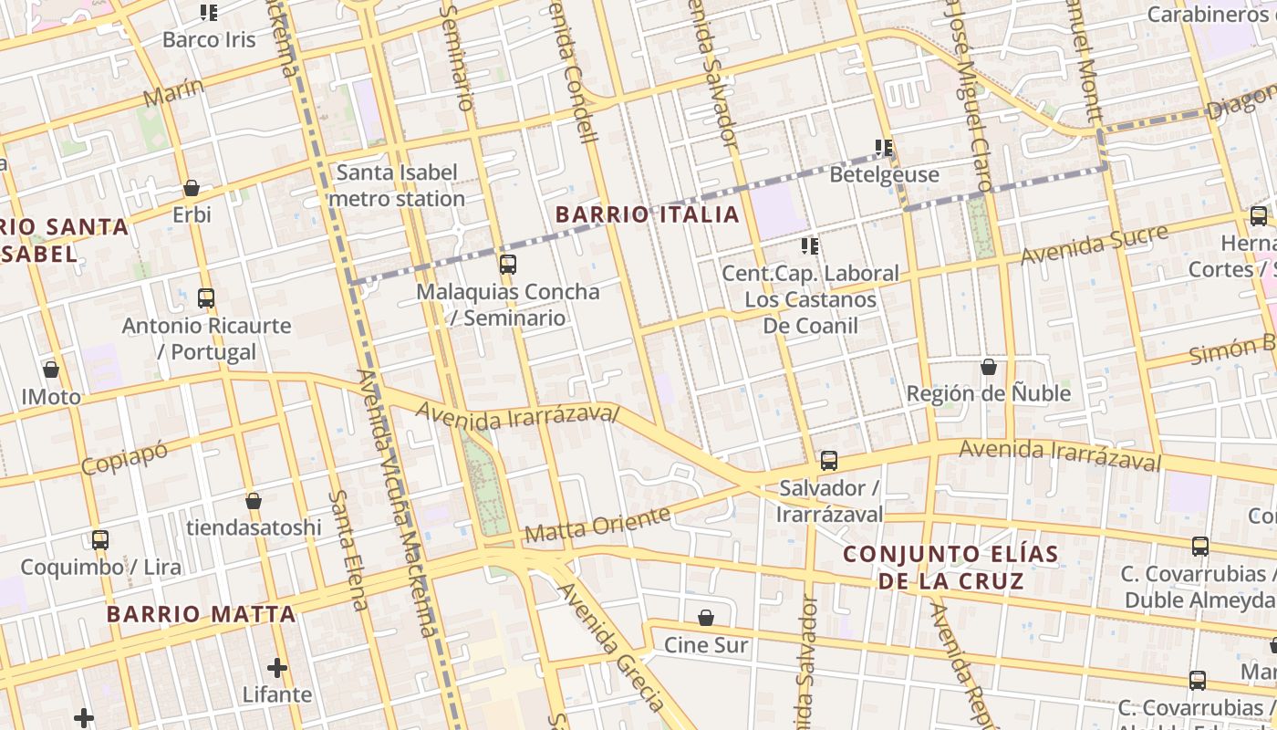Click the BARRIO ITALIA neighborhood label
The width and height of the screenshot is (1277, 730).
coord(647,215)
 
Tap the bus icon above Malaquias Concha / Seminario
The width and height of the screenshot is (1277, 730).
coord(508,265)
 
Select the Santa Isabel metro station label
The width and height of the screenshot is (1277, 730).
coord(397,185)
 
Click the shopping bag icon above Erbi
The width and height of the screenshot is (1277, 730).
coord(192,188)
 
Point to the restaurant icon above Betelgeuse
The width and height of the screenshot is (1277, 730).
coord(883,147)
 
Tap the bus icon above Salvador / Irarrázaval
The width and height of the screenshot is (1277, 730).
coord(828,461)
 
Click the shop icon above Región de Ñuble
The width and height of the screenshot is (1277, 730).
coord(988,367)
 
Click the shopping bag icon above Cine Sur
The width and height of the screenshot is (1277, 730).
coord(705,618)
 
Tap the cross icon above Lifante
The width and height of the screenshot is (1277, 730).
coord(277,668)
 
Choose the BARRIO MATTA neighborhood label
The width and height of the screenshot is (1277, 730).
coord(201,614)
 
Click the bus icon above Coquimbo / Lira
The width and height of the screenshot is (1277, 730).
coord(100,539)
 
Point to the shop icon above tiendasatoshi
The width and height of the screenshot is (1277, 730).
coord(254,501)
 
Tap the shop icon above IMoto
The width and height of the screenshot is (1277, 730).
coord(51,370)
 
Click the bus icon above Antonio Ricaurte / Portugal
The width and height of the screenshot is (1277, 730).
coord(206,297)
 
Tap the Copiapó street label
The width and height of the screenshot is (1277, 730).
coord(124,454)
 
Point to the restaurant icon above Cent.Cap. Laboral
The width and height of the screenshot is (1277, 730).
coord(809,245)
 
